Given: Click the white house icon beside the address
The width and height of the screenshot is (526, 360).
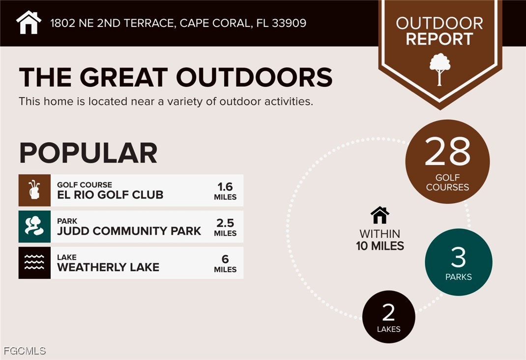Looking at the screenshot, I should pyautogui.click(x=29, y=23).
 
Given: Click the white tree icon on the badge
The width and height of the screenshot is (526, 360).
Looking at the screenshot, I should pyautogui.click(x=440, y=69).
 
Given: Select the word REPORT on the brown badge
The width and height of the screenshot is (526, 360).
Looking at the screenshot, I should pyautogui.click(x=439, y=39).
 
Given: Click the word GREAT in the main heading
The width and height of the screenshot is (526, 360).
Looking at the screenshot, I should pyautogui.click(x=123, y=78).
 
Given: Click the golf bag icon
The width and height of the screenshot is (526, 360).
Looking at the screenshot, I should pyautogui.click(x=34, y=190).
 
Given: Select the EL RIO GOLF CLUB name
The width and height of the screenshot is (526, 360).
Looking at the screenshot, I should pyautogui.click(x=110, y=194).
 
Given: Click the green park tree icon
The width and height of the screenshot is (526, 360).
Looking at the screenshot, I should pyautogui.click(x=34, y=226).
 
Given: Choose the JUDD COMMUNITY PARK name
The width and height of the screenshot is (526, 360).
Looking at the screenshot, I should pyautogui.click(x=129, y=231).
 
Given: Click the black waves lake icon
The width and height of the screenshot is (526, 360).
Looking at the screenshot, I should pyautogui.click(x=34, y=263).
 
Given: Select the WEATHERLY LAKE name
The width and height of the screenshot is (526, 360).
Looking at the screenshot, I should pyautogui.click(x=108, y=267).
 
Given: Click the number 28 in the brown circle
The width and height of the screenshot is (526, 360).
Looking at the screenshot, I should pyautogui.click(x=447, y=152).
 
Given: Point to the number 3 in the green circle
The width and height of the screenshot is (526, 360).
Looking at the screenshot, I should pyautogui.click(x=458, y=257).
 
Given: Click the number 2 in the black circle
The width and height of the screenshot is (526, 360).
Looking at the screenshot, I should pyautogui.click(x=388, y=312).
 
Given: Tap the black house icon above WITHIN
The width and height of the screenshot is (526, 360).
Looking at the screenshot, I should pyautogui.click(x=380, y=215).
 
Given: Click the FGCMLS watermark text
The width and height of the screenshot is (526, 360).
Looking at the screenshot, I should pyautogui.click(x=25, y=351).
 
